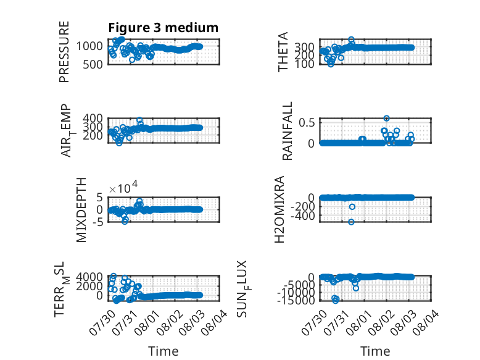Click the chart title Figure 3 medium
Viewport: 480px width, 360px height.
[163, 28]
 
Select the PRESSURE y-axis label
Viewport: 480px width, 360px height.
[64, 52]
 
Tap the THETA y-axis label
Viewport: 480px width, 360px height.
[283, 52]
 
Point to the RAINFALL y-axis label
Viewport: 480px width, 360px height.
[287, 131]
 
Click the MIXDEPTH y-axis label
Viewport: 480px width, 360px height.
[81, 210]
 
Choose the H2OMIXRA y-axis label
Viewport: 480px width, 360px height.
[279, 209]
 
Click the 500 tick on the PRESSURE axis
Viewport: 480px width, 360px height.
[93, 64]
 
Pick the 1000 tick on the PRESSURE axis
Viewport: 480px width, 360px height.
[89, 46]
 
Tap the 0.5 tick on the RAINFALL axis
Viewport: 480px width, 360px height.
[307, 122]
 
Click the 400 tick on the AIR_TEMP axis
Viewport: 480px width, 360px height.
[93, 118]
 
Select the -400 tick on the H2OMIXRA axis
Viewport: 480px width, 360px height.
[303, 216]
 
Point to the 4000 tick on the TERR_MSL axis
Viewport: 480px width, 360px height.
[89, 277]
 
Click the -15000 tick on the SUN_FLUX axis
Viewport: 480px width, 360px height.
[296, 300]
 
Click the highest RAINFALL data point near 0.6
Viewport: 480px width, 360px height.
[386, 119]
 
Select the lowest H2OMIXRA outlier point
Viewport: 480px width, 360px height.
[351, 222]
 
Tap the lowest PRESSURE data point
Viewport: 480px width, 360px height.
[132, 60]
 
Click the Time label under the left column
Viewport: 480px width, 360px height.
[163, 351]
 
